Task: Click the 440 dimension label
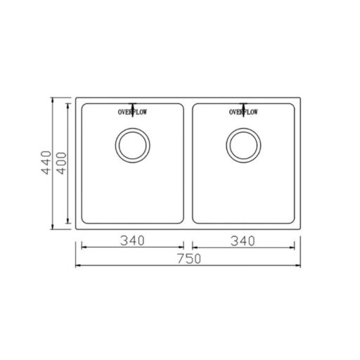tap(46, 162)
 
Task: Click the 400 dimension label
tap(62, 163)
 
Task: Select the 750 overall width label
tap(189, 259)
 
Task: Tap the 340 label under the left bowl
tap(132, 240)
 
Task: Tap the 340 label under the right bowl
tap(243, 241)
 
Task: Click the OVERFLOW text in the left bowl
tap(132, 112)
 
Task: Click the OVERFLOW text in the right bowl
tap(243, 112)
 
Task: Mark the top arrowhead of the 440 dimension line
tap(53, 99)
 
